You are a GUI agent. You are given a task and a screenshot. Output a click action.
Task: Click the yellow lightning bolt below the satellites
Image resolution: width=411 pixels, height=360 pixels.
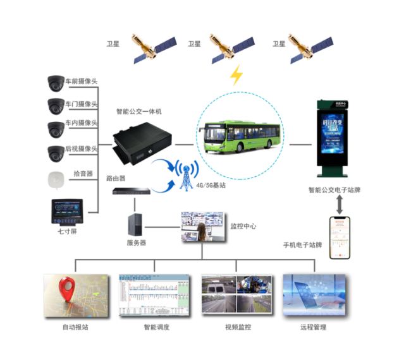(x=236, y=75)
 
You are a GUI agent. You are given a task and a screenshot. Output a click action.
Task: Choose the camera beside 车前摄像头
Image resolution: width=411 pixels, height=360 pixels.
(x=55, y=82)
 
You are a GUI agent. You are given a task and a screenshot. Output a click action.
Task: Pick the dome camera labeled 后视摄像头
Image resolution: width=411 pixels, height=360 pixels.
(x=55, y=152)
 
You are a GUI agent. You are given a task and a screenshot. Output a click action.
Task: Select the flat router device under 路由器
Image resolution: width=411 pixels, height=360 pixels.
(x=132, y=191)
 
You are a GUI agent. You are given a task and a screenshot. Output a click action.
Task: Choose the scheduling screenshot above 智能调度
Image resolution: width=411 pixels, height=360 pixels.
(x=154, y=296)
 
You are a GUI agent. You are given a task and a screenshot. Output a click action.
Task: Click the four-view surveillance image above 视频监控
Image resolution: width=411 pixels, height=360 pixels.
(x=237, y=296)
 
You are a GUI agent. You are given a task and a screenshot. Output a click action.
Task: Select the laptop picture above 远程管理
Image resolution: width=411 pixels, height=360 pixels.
(x=314, y=296)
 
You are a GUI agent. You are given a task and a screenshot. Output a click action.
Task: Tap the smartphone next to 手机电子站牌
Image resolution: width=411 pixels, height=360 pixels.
(x=340, y=237)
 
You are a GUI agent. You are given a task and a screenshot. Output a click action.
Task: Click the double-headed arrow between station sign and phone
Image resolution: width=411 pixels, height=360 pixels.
(x=340, y=204)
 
